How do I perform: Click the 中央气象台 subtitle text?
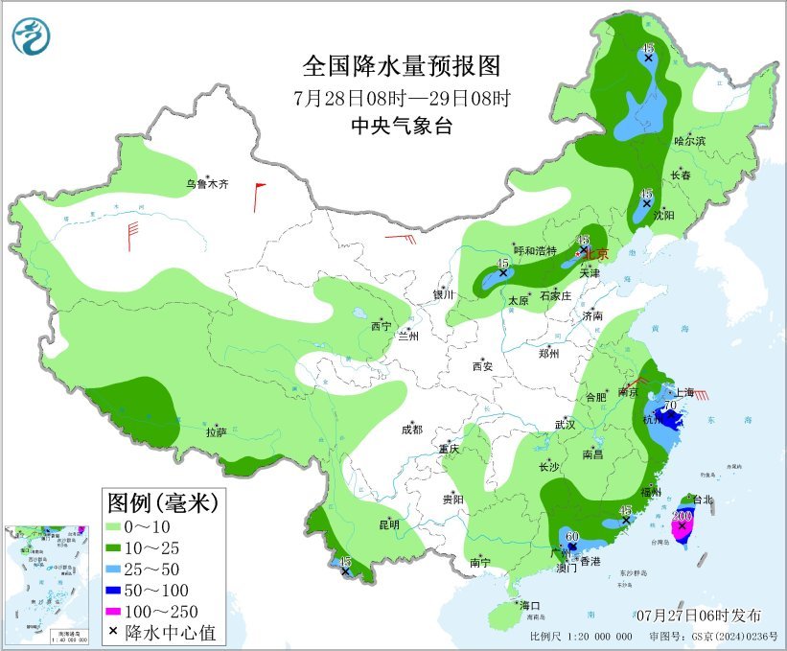[x=402, y=126]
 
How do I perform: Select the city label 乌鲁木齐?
[x=208, y=184]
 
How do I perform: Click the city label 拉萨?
[x=216, y=432]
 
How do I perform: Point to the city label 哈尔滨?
[x=689, y=140]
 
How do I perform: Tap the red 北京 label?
[x=597, y=254]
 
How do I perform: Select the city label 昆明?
[x=388, y=524]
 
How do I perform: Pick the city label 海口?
[x=530, y=605]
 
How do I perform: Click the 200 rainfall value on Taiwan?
[x=683, y=515]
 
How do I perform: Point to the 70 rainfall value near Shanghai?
[x=671, y=407]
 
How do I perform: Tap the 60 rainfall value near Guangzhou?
[x=572, y=535]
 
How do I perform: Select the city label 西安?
[x=482, y=365]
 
